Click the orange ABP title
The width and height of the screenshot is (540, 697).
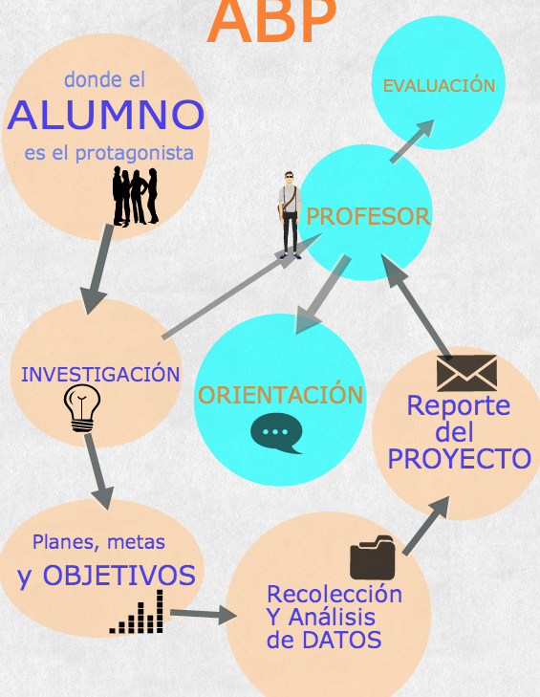[x=271, y=21]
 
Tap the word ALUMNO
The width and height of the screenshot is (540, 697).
[x=106, y=115]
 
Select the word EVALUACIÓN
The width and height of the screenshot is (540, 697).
[x=439, y=85]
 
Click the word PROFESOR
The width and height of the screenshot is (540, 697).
[x=368, y=216]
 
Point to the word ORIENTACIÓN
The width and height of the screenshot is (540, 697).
[x=280, y=394]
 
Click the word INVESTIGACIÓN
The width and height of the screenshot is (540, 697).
[x=100, y=374]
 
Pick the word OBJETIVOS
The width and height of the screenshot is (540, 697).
[x=119, y=576]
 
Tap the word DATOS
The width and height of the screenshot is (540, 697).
[x=343, y=640]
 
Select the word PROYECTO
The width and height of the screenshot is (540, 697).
[x=460, y=459]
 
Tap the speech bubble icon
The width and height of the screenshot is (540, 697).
[x=276, y=433]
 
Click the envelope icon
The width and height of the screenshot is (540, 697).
[x=466, y=373]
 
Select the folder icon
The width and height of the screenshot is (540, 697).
[x=373, y=557]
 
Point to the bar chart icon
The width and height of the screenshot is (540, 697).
[x=137, y=612]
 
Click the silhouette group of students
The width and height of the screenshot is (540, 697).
[x=135, y=196]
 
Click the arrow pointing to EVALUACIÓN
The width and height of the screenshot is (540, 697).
[x=412, y=142]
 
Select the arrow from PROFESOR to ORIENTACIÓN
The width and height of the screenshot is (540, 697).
[x=323, y=294]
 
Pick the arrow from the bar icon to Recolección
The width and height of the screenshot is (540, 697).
[x=204, y=615]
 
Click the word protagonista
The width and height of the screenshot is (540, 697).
[x=134, y=154]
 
